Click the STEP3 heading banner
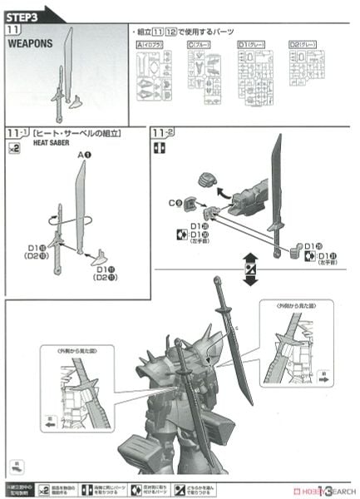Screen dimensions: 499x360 (25, 12)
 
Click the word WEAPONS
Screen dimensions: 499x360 (31, 44)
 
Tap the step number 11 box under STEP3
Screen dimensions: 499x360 (13, 29)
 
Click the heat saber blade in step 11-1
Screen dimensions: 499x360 (81, 208)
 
